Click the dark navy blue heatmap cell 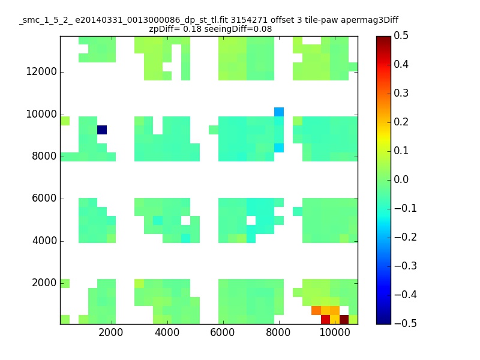102,130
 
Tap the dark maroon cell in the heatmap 344,320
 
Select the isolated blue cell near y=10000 279,112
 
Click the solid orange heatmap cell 316,310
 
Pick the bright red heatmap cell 325,320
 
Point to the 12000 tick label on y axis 41,71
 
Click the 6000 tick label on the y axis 44,198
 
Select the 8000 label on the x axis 278,332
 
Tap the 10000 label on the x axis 335,332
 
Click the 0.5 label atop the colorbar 401,35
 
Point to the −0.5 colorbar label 406,323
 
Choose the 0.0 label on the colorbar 401,179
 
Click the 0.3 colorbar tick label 401,93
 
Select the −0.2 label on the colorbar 406,237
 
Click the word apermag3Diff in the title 370,20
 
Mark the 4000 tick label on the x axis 167,332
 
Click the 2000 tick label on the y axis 44,283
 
